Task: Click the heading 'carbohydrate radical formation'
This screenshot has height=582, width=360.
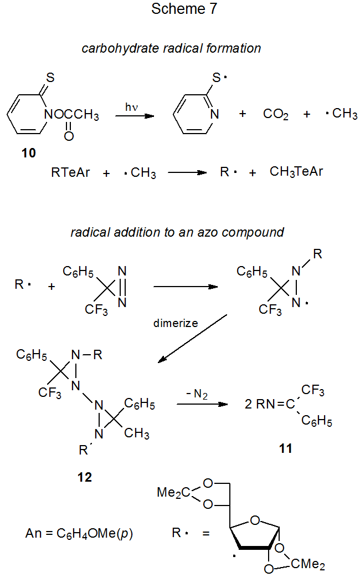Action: (171, 48)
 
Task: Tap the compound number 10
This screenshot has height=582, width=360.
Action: (28, 153)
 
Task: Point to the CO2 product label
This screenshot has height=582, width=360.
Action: (276, 114)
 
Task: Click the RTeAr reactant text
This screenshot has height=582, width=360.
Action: (70, 172)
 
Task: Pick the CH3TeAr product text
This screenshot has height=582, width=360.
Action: (296, 172)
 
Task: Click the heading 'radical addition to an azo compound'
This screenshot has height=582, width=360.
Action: (177, 232)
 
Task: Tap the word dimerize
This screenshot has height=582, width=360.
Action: (176, 323)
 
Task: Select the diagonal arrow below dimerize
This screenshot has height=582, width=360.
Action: (193, 338)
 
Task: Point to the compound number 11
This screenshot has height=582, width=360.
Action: (285, 448)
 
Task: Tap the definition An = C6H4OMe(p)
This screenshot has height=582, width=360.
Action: (79, 534)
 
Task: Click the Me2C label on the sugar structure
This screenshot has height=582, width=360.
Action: (174, 493)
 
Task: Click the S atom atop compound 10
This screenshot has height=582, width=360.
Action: (50, 78)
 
